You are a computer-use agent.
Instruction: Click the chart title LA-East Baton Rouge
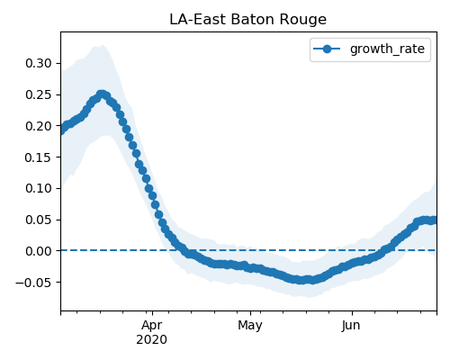point(247,20)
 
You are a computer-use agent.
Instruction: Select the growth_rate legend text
point(387,49)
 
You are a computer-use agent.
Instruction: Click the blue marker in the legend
point(327,49)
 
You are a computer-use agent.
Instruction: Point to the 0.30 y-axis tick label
point(39,63)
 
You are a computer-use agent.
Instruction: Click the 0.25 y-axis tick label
point(39,94)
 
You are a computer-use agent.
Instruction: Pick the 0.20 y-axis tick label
point(39,126)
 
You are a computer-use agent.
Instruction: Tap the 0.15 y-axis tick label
point(39,157)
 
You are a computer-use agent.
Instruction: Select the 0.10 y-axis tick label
point(39,188)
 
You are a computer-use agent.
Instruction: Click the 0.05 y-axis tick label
point(39,220)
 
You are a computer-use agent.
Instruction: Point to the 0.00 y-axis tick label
point(39,251)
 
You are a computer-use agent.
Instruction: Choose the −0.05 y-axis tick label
point(34,283)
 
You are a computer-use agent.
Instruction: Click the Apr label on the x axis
point(152,326)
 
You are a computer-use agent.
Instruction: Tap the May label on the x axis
point(250,326)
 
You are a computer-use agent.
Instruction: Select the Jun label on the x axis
point(351,326)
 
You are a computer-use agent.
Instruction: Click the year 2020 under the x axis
point(151,340)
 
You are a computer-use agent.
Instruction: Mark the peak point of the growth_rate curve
point(102,94)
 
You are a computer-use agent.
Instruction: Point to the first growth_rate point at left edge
point(61,130)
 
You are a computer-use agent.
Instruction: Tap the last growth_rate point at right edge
point(435,220)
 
